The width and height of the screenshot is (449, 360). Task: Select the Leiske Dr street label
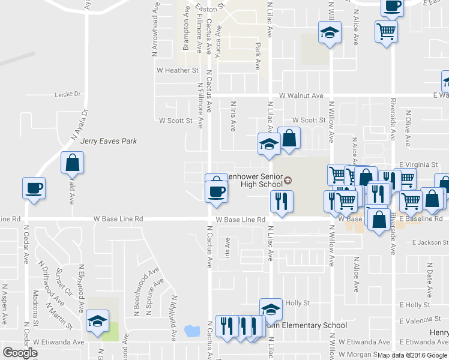pyautogui.click(x=67, y=94)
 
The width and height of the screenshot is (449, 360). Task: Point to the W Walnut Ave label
pyautogui.click(x=301, y=95)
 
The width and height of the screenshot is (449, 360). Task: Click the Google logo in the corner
pyautogui.click(x=20, y=353)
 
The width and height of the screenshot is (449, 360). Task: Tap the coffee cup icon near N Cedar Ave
pyautogui.click(x=34, y=188)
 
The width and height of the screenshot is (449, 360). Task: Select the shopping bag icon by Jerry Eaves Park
pyautogui.click(x=72, y=163)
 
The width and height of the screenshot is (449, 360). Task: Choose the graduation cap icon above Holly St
pyautogui.click(x=271, y=309)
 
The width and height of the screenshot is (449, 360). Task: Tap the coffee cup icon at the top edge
pyautogui.click(x=393, y=7)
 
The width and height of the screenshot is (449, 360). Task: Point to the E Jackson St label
pyautogui.click(x=430, y=242)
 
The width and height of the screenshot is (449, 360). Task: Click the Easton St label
pyautogui.click(x=213, y=5)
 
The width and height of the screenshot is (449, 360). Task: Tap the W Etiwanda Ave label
pyautogui.click(x=58, y=341)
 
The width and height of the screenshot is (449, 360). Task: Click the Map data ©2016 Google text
pyautogui.click(x=412, y=355)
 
